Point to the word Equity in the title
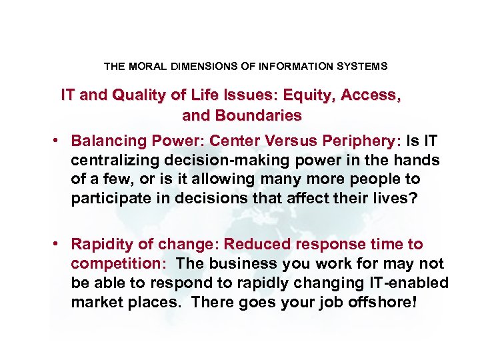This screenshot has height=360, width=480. coord(313,95)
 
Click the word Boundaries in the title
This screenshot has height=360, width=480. coord(259,115)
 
